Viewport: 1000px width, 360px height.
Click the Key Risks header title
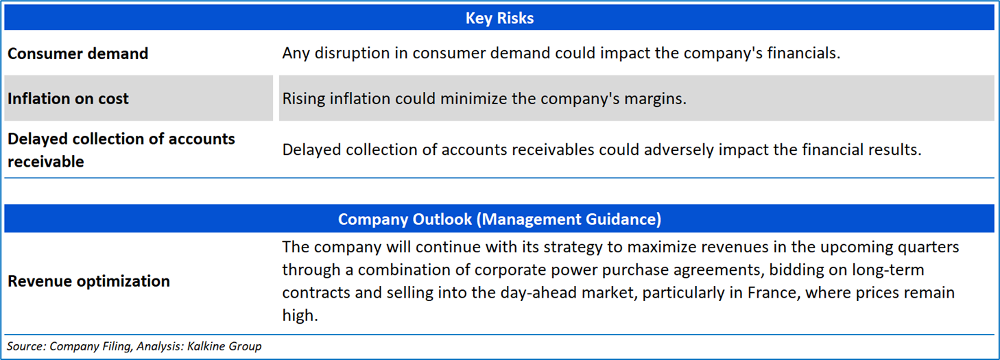[499, 18]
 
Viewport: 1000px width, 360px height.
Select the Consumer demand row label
[78, 53]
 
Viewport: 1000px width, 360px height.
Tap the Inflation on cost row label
[69, 99]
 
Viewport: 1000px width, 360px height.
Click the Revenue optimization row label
[89, 281]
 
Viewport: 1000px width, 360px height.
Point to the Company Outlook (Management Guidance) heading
[499, 219]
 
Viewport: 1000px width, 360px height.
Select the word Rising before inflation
[304, 99]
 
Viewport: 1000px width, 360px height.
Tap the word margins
[655, 99]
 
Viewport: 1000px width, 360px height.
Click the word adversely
[678, 150]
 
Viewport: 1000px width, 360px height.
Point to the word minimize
[473, 99]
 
